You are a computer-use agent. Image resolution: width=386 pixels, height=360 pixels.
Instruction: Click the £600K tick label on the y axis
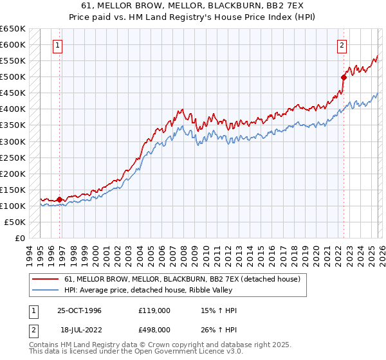pyautogui.click(x=13, y=45)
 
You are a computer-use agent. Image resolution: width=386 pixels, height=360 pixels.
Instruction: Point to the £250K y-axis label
pyautogui.click(x=13, y=157)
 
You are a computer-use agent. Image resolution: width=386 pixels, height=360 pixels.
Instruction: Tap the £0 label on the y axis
pyautogui.click(x=19, y=238)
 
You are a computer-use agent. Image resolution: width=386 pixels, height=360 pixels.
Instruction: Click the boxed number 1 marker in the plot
pyautogui.click(x=59, y=45)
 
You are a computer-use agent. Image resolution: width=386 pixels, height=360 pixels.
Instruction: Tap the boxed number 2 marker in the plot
pyautogui.click(x=342, y=45)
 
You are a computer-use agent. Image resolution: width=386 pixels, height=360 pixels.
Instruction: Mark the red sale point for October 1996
pyautogui.click(x=60, y=199)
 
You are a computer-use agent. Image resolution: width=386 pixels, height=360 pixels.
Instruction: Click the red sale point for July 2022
pyautogui.click(x=344, y=78)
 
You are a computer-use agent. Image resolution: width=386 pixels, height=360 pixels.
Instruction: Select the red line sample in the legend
pyautogui.click(x=46, y=279)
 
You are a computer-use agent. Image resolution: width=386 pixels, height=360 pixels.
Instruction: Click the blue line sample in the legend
pyautogui.click(x=46, y=291)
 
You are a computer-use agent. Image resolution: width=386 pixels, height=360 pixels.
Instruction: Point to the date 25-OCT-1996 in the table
pyautogui.click(x=79, y=310)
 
